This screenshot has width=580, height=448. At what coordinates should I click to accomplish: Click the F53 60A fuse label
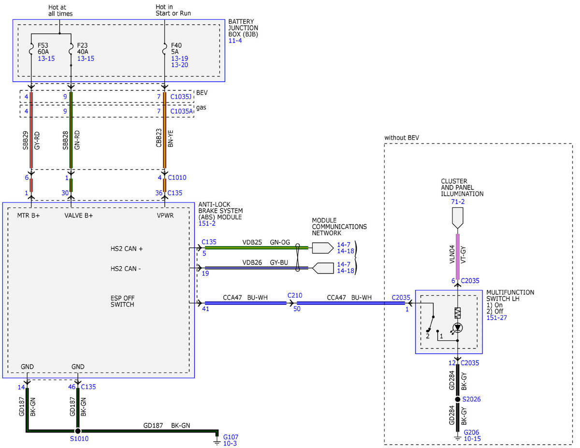[x=43, y=48]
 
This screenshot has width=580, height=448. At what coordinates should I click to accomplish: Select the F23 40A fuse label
[x=83, y=48]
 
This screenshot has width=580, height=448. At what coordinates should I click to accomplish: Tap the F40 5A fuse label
[x=176, y=48]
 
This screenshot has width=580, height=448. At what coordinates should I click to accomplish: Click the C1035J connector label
[x=181, y=97]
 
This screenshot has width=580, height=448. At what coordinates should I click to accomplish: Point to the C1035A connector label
[x=182, y=111]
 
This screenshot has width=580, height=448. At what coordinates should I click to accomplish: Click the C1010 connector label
[x=177, y=177]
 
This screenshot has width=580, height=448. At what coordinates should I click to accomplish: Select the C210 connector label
[x=295, y=295]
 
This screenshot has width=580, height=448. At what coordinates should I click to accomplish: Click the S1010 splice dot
[x=78, y=431]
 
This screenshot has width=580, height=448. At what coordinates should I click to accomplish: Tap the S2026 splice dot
[x=458, y=399]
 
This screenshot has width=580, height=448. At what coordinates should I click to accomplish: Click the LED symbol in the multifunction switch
[x=458, y=328]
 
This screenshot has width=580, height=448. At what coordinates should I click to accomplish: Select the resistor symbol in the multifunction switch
[x=458, y=313]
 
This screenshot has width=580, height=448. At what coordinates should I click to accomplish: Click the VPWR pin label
[x=165, y=216]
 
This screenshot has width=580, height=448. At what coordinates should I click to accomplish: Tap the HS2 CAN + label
[x=127, y=249]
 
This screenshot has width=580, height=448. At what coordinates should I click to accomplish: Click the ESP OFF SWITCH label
[x=122, y=301]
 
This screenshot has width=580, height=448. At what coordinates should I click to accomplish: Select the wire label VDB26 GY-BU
[x=265, y=262]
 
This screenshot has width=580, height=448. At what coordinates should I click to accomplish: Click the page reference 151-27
[x=496, y=318]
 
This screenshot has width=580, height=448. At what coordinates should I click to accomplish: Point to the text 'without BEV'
[x=402, y=138]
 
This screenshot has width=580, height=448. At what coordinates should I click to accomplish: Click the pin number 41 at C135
[x=205, y=309]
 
